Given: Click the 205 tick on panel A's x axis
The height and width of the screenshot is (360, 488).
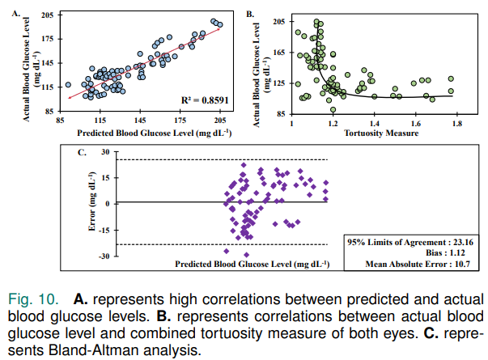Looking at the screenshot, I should tap(218, 119).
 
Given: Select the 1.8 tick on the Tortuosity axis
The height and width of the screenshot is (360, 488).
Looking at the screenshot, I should tap(457, 124).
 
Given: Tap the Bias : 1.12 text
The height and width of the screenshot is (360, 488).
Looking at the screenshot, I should tap(442, 252).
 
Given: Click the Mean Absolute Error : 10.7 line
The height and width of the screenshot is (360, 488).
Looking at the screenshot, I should tap(418, 264).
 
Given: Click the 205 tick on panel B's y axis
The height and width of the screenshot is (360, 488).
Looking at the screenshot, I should tap(279, 21).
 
